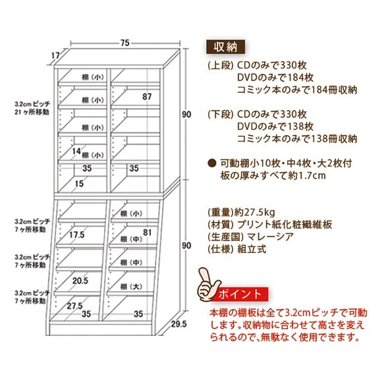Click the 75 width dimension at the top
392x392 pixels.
coord(125,43)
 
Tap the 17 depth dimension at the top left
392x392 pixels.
coord(55,55)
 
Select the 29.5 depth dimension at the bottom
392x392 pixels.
coord(179,324)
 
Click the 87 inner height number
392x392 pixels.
coord(147,96)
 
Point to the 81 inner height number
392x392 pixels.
coord(148,233)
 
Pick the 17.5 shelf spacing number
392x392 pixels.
coord(76,235)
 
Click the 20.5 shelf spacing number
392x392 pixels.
coord(80,281)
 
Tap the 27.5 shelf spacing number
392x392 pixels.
coord(74,306)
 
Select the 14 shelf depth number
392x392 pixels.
coord(76,151)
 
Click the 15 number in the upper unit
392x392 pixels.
coord(79,184)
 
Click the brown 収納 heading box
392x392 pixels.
coord(225,47)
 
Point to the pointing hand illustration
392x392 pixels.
coord(208,285)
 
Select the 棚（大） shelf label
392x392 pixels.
coord(131,287)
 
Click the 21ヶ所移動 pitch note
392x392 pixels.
coord(32,112)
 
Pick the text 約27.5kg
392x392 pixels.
coord(255,213)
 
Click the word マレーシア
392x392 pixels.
coord(270,237)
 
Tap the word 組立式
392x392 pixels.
coord(252,249)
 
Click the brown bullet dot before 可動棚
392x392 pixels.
coord(212,163)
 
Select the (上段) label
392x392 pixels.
coord(221,65)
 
